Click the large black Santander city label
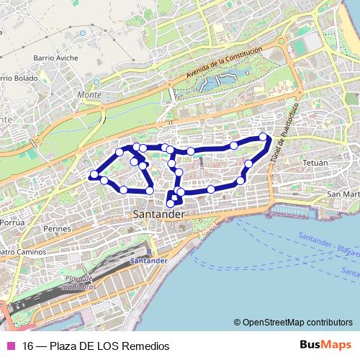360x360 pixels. click(158, 215)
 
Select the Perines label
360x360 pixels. click(57, 228)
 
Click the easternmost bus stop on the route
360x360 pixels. click(263, 137)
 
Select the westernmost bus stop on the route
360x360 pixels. click(94, 174)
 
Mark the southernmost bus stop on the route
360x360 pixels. click(171, 203)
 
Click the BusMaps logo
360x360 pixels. click(326, 345)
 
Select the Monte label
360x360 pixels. click(89, 94)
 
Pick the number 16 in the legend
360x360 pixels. click(28, 346)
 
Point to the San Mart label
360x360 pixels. click(343, 194)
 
